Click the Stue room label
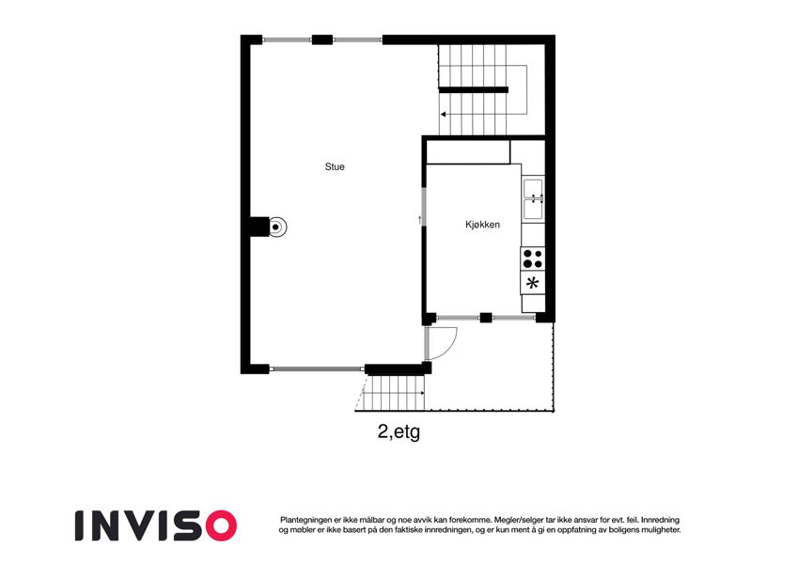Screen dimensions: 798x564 pyautogui.click(x=335, y=166)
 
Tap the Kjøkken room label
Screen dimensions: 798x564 pyautogui.click(x=482, y=224)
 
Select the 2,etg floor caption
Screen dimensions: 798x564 pyautogui.click(x=399, y=431)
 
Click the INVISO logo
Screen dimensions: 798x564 pyautogui.click(x=156, y=525)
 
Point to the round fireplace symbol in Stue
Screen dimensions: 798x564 pyautogui.click(x=275, y=227)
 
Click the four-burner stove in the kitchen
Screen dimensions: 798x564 pyautogui.click(x=532, y=258)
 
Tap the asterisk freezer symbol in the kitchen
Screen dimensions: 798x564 pyautogui.click(x=532, y=283)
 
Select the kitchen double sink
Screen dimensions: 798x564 pyautogui.click(x=533, y=199)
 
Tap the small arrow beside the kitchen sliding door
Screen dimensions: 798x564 pyautogui.click(x=419, y=220)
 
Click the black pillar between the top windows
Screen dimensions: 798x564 pyautogui.click(x=322, y=39)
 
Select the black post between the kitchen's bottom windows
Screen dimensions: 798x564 pyautogui.click(x=486, y=318)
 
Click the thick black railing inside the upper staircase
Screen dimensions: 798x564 pyautogui.click(x=474, y=90)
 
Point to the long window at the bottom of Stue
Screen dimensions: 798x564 pyautogui.click(x=317, y=369)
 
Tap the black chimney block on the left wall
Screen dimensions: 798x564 pyautogui.click(x=259, y=227)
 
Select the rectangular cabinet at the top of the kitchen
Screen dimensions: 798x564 pyautogui.click(x=468, y=152)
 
